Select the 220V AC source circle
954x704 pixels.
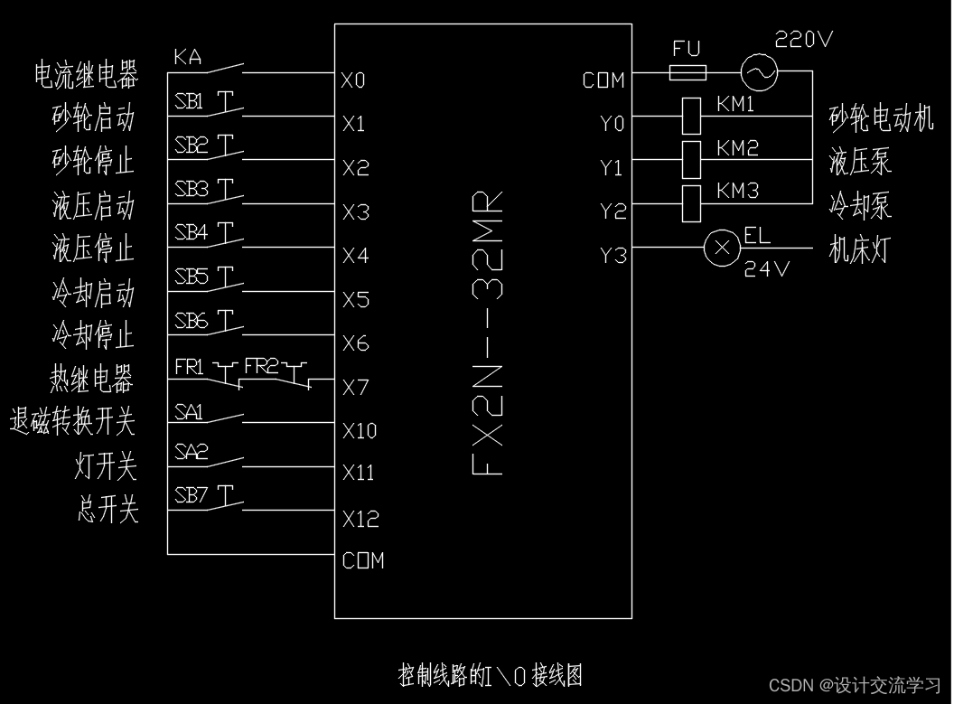(759, 72)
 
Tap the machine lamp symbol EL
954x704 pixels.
(722, 248)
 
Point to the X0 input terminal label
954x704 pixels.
(353, 80)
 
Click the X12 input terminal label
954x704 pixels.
(360, 519)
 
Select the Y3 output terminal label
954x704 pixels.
(613, 256)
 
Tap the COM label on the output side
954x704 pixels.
(603, 80)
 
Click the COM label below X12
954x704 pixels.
(363, 560)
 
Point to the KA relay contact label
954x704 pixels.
(187, 58)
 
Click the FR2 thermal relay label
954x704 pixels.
(261, 366)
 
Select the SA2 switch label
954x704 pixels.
(191, 452)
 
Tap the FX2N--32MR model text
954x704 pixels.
(488, 333)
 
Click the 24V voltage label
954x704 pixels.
(766, 269)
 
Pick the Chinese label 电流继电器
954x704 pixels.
(86, 74)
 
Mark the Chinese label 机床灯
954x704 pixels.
(859, 249)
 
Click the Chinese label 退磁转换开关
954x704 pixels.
(72, 421)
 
